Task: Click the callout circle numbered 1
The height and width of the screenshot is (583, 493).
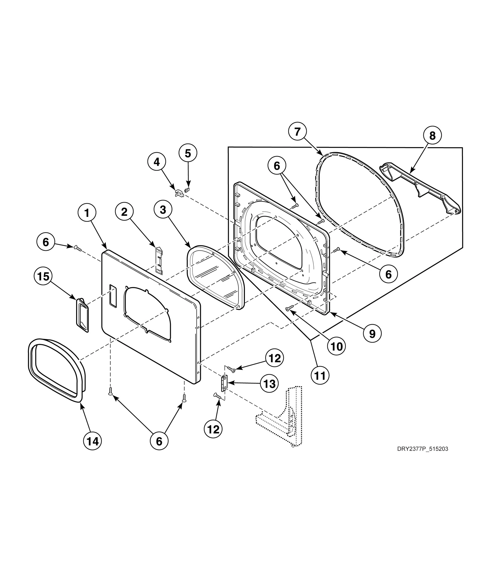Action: click(x=87, y=213)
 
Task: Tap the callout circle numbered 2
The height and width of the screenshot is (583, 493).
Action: click(x=124, y=212)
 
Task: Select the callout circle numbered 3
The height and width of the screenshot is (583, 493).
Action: click(x=163, y=210)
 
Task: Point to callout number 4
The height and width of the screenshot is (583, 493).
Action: click(x=157, y=162)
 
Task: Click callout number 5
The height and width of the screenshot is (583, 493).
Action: click(x=188, y=153)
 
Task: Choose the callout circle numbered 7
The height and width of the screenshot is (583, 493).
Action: click(x=297, y=132)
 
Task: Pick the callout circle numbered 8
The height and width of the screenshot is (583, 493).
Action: click(x=432, y=136)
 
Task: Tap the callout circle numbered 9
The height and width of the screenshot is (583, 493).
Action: click(x=372, y=334)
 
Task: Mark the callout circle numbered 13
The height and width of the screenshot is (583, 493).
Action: click(x=269, y=384)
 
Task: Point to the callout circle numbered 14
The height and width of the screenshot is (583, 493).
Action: click(x=93, y=442)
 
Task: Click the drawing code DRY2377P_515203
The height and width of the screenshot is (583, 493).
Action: click(x=422, y=457)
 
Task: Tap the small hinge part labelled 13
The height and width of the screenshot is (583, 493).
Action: click(x=224, y=383)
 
